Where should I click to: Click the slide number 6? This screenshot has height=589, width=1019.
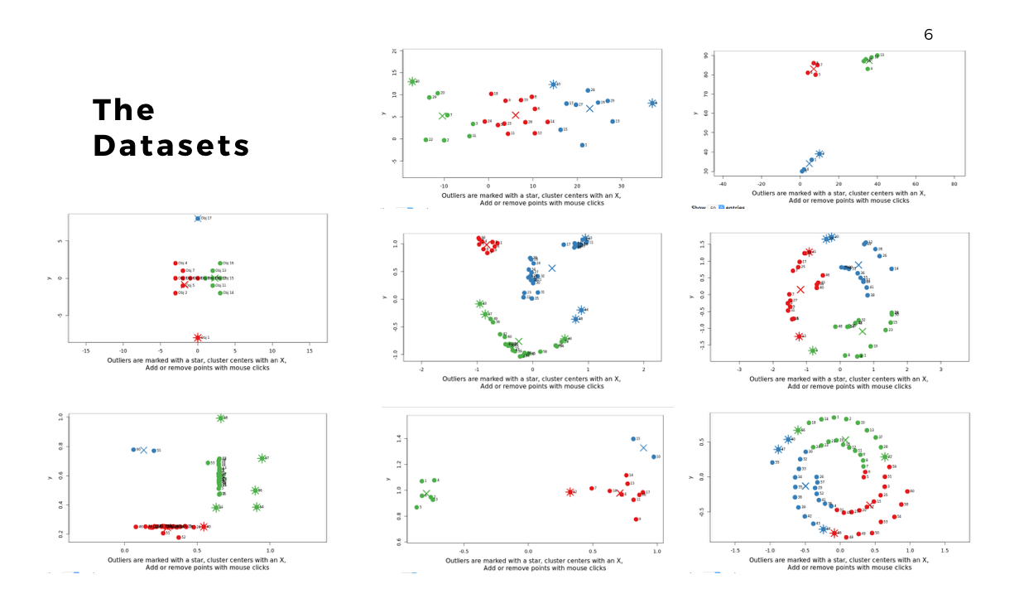coord(928,35)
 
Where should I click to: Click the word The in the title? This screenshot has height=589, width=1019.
coord(123,110)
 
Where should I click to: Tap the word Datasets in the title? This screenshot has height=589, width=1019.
coord(171,146)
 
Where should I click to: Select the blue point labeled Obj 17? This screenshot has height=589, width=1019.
coord(198,218)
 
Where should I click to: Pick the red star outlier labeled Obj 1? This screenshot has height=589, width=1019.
coord(198,337)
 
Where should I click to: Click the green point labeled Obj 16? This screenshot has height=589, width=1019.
coord(220,263)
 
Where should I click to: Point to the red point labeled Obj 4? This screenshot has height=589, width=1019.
coord(175,263)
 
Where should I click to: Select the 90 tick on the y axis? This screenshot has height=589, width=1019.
coord(706,56)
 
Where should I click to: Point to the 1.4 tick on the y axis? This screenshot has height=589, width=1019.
coord(388,439)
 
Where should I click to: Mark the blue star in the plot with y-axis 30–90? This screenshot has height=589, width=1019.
coord(819,154)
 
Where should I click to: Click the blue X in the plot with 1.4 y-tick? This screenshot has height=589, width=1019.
coord(643,448)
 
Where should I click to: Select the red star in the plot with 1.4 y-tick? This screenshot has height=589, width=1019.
coord(570,492)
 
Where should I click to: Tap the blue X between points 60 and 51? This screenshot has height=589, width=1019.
coord(144,451)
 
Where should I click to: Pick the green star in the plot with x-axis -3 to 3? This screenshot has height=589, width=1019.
coord(813,351)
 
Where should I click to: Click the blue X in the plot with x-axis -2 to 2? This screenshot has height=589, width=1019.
coord(552,268)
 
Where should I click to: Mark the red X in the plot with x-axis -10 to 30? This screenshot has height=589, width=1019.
coord(515,115)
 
